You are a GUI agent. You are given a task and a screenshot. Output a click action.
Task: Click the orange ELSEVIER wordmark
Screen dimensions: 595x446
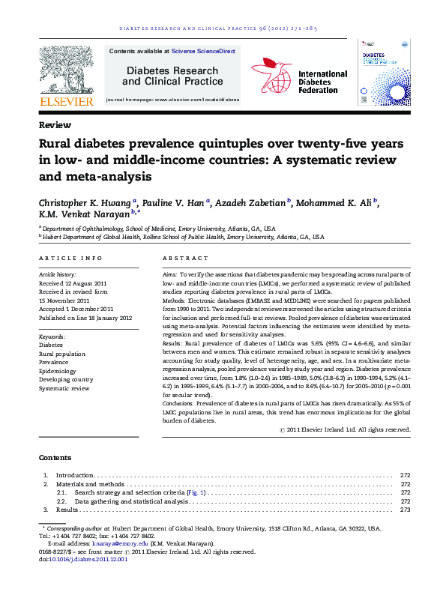tap(67, 100)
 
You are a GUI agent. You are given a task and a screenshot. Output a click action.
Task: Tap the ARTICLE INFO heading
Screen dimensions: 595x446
tap(70, 258)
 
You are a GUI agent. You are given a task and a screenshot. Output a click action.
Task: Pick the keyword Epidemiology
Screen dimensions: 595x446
tap(58, 370)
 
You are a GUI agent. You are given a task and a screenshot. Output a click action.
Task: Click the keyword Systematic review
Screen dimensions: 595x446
tap(64, 388)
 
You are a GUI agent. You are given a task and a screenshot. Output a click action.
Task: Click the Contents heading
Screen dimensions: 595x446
tap(55, 457)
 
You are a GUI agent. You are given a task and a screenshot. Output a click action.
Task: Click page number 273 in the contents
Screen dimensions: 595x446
tap(406, 510)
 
